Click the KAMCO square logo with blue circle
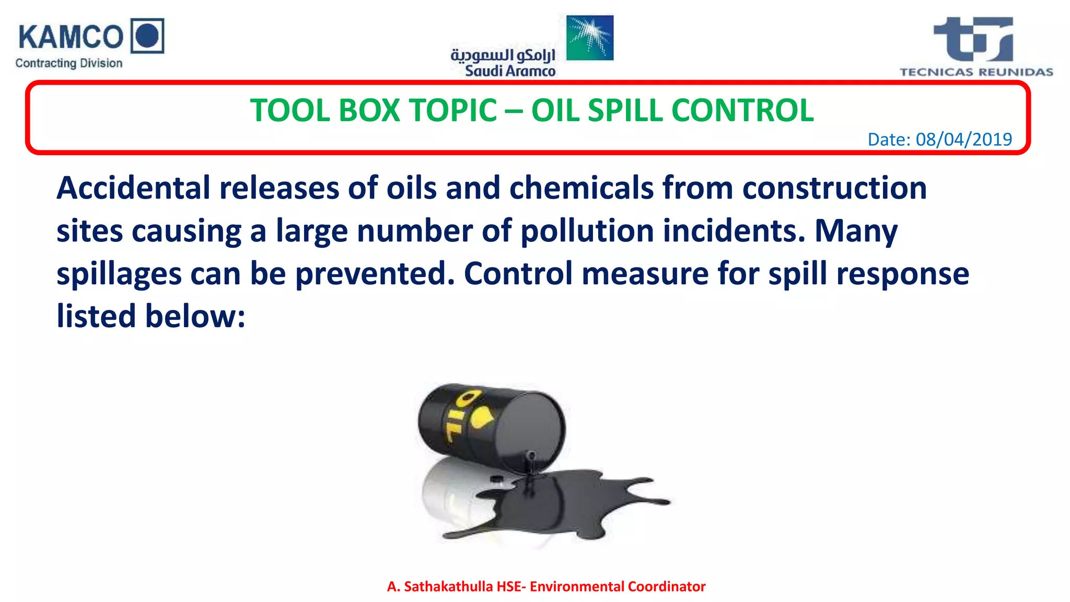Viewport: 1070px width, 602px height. coord(147,36)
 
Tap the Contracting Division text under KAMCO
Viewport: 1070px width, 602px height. coord(68,63)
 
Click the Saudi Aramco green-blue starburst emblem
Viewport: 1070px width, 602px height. coord(589,38)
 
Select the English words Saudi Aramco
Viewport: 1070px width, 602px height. coord(510,71)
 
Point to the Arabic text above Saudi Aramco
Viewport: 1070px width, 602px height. coord(503,54)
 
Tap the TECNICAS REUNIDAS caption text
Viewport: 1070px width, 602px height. coord(976,72)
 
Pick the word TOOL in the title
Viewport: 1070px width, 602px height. coord(289,111)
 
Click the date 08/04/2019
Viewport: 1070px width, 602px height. coord(963,140)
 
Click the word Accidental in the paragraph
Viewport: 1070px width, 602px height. coord(133,188)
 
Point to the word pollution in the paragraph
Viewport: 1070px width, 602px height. coord(587,231)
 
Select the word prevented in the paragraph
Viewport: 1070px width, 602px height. coord(375,274)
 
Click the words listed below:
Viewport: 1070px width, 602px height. coord(151,317)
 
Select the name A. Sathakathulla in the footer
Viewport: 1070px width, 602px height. coord(439,586)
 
